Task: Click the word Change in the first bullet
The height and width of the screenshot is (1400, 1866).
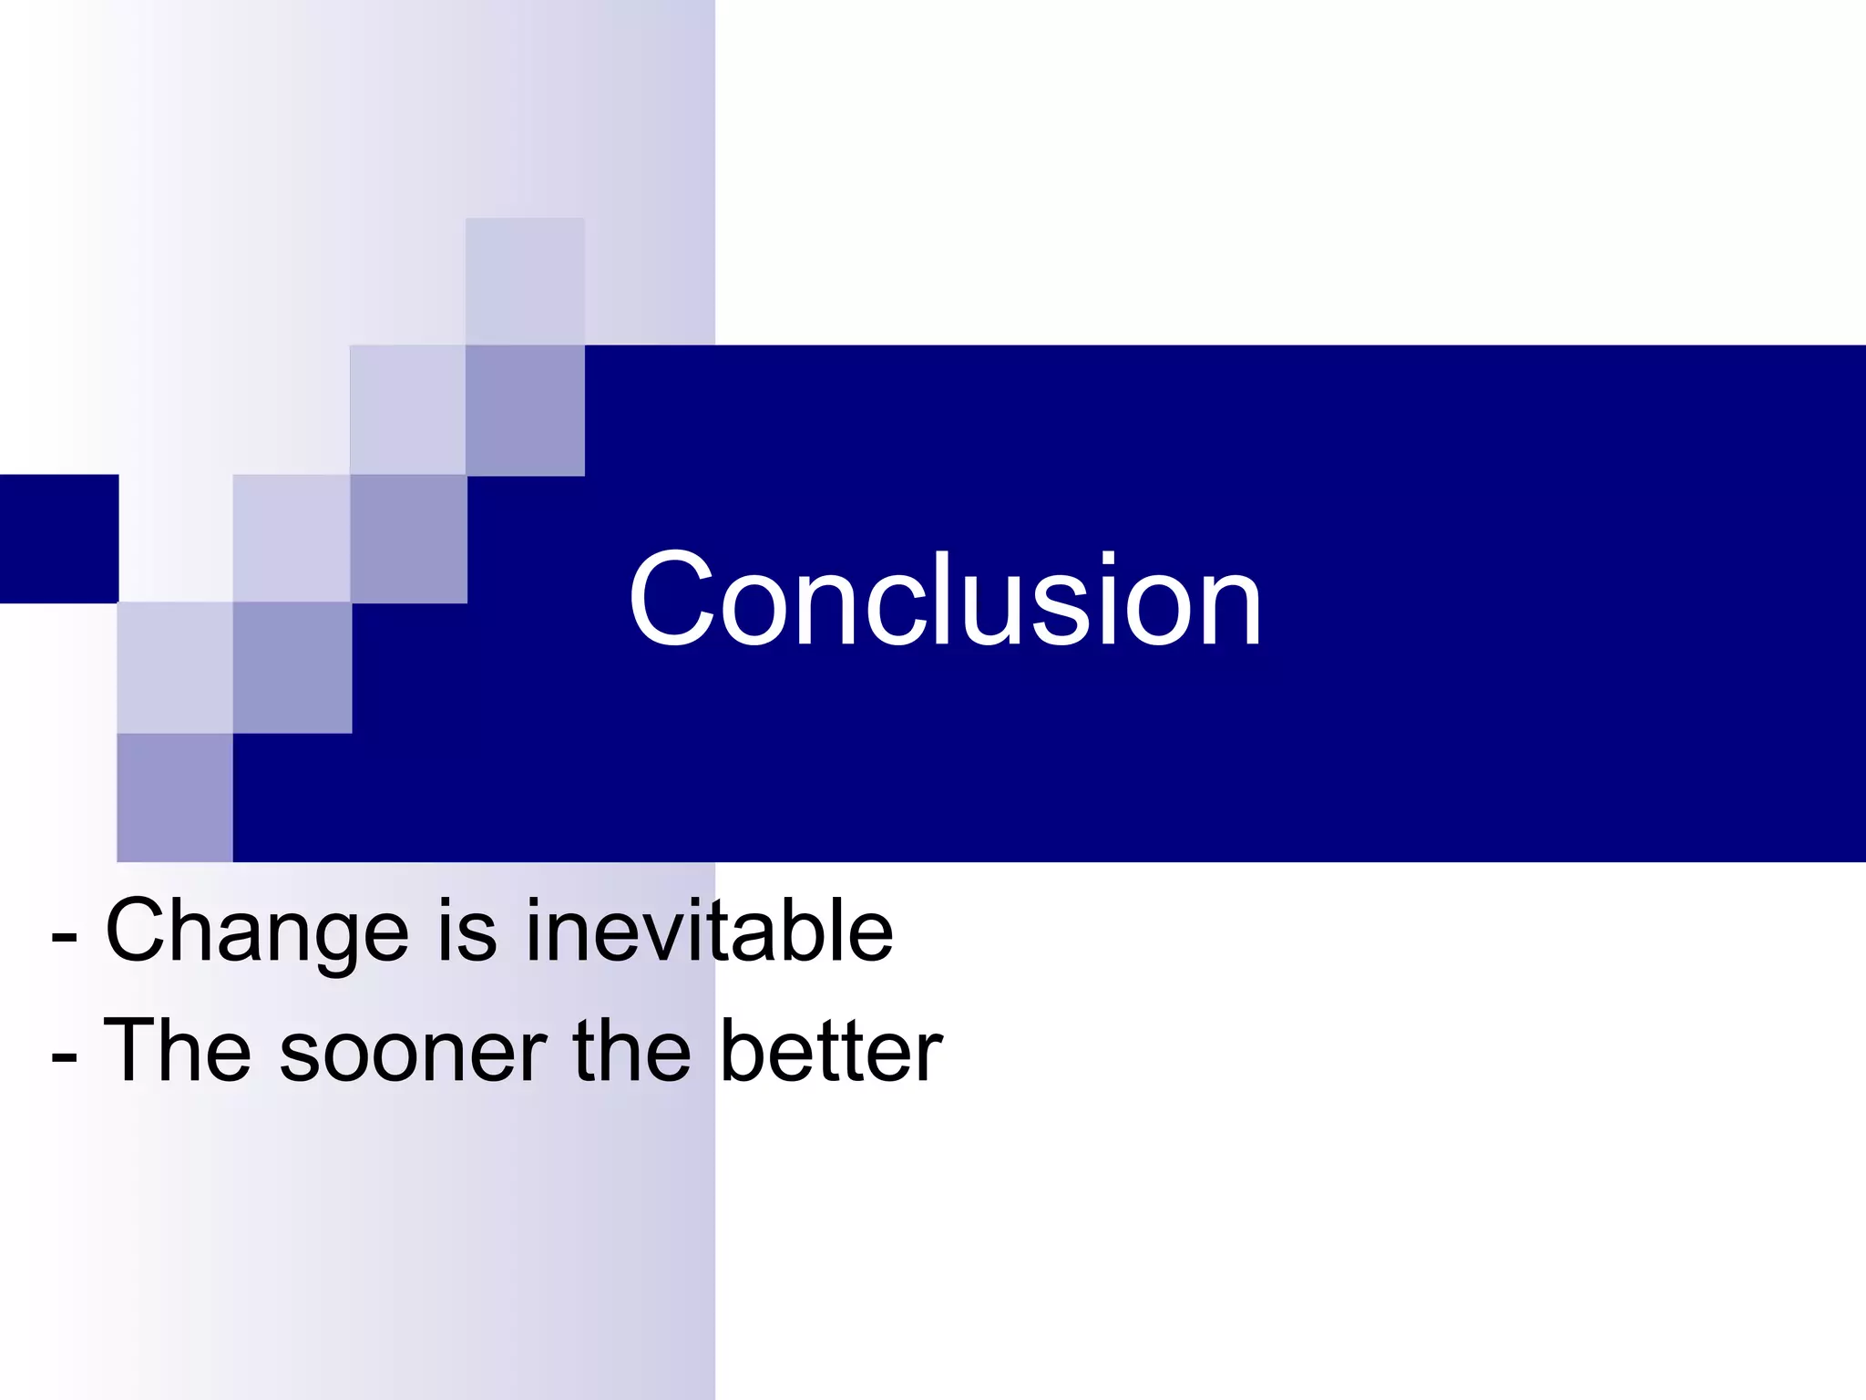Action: pos(257,932)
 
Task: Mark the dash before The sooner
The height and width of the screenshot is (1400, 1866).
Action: pos(64,1057)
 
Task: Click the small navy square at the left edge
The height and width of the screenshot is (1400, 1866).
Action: pos(58,538)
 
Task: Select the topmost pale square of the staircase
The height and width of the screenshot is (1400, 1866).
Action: pos(525,281)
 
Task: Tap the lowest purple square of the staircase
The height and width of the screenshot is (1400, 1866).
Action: pos(175,797)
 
